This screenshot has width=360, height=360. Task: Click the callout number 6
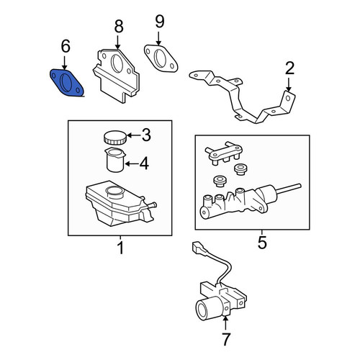(66, 46)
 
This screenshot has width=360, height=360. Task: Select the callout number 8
(119, 27)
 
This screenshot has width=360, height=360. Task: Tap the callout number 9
(160, 22)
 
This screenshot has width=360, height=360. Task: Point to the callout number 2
(289, 68)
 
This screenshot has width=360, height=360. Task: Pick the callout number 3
(146, 135)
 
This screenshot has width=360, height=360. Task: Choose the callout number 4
(144, 163)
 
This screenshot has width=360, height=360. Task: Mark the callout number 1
(121, 248)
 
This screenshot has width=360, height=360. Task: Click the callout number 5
(262, 242)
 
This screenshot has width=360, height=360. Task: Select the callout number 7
(226, 339)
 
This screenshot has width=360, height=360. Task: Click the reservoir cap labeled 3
(114, 138)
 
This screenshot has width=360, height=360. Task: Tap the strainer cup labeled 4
(115, 160)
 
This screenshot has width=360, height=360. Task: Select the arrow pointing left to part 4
(132, 164)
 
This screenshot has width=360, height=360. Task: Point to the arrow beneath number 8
(117, 42)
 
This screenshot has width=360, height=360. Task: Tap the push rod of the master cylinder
(289, 189)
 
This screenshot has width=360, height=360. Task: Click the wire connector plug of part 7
(197, 248)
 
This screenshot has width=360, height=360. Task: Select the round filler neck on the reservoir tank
(114, 192)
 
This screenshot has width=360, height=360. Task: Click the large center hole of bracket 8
(117, 64)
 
